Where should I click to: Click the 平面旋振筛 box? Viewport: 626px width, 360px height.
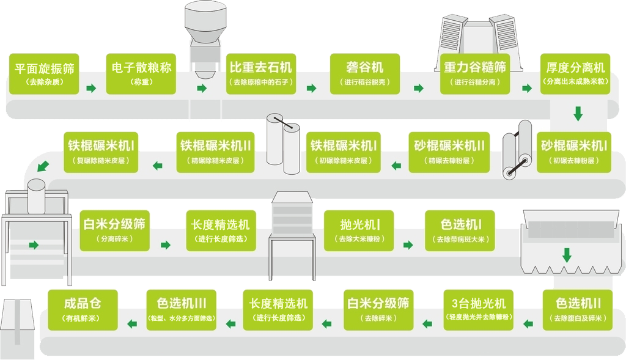pos(44,73)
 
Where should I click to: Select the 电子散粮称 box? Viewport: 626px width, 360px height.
pos(141,73)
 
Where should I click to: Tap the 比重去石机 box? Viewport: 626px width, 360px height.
pos(261,73)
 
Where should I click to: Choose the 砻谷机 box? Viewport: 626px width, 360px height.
pos(365,73)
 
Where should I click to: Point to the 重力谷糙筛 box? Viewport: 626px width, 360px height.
pos(475,73)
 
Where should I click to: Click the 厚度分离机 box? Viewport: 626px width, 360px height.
pos(575,73)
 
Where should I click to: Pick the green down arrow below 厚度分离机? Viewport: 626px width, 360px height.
pos(577,114)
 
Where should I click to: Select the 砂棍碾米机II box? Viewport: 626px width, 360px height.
pos(450,152)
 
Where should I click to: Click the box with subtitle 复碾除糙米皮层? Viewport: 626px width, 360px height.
pos(101,152)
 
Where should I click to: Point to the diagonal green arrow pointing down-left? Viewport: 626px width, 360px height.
pos(43,165)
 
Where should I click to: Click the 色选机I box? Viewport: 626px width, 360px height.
pos(460,230)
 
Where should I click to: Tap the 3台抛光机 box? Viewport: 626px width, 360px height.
pos(478,310)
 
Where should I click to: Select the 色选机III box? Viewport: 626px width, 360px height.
pos(182,310)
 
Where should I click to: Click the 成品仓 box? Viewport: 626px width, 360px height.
pos(83,310)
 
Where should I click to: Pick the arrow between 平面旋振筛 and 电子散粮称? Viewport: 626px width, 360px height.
pos(91,89)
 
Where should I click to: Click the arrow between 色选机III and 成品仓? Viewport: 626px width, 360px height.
pos(131,323)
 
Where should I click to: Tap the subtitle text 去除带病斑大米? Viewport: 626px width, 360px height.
pos(460,239)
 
